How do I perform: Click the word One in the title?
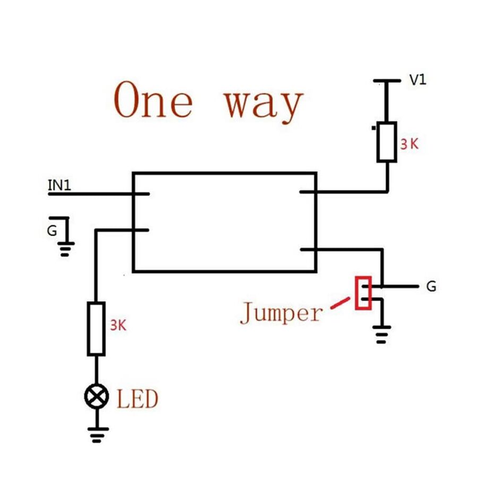click(153, 100)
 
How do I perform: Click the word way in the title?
click(263, 104)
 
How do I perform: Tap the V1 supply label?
click(417, 81)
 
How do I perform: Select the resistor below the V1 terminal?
click(387, 142)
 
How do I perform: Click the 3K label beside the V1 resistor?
click(409, 143)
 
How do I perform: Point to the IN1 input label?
click(59, 185)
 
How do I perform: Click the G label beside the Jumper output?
click(431, 287)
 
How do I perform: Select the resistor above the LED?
click(96, 329)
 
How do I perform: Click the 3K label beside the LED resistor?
click(118, 326)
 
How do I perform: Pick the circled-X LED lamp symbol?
click(96, 396)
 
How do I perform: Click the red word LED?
click(138, 399)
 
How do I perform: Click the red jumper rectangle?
click(363, 293)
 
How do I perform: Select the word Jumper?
click(281, 313)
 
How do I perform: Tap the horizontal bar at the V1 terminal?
click(387, 81)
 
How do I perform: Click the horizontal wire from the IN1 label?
click(90, 194)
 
